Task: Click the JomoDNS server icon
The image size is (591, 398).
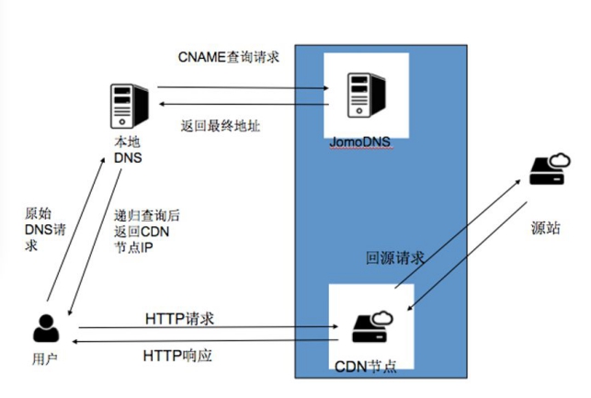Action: point(367,96)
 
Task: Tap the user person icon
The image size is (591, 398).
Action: point(46,328)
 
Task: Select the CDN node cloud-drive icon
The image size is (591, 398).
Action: point(372,326)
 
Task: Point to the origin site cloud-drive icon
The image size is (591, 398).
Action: point(550,169)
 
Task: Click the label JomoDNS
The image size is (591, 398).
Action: point(360,142)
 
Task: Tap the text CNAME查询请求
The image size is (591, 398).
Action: point(229,57)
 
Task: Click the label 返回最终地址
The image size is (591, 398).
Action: point(221,126)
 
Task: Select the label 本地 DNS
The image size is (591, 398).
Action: point(128,150)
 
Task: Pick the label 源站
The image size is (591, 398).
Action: point(545,228)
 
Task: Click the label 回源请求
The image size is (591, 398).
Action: point(395,258)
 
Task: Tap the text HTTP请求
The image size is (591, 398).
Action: point(179,319)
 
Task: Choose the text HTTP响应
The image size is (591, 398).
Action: point(177,356)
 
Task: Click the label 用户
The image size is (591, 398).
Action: point(45,358)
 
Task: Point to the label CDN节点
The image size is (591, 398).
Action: point(366,367)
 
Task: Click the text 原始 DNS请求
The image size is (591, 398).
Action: point(45,229)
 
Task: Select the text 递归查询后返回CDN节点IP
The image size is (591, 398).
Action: point(147,232)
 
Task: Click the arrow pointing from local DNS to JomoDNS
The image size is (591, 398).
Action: point(243,88)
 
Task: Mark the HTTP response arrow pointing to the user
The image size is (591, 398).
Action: point(205,341)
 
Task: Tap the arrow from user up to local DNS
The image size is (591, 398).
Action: point(75,229)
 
